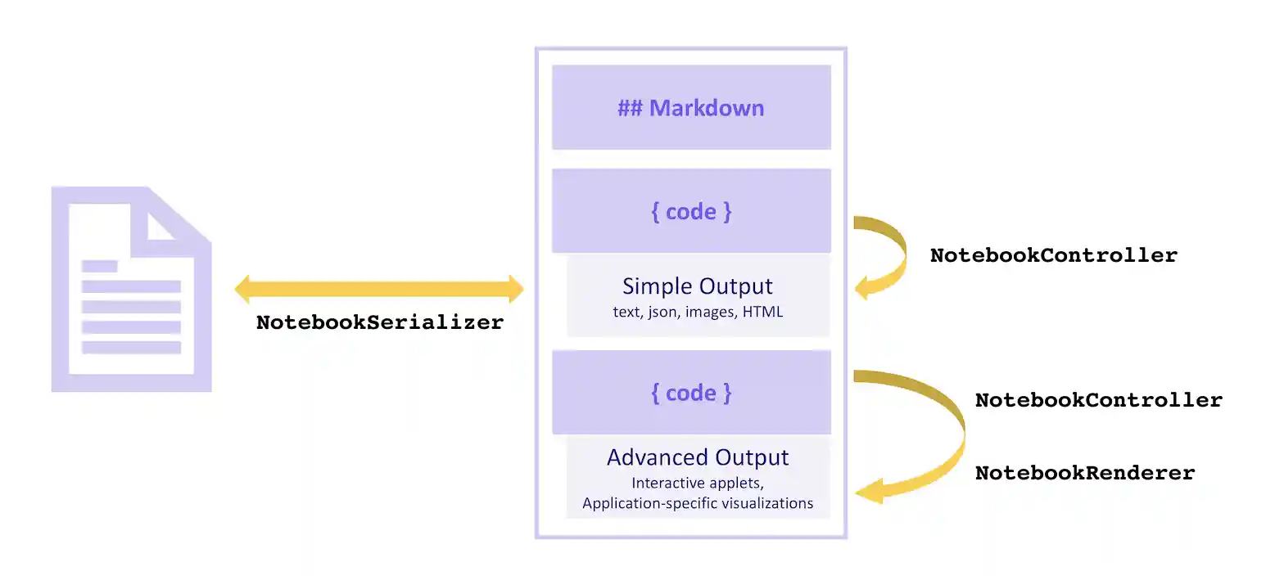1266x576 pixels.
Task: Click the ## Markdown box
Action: tap(691, 108)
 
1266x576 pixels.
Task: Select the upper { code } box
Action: tap(691, 211)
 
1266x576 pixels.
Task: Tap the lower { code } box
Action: tap(691, 393)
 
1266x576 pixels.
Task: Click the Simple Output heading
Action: tap(697, 286)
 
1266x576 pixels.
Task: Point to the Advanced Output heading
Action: tap(698, 457)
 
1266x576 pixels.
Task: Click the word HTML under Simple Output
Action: tap(762, 312)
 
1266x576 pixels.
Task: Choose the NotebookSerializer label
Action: tap(380, 322)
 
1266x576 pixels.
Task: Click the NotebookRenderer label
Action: tap(1084, 473)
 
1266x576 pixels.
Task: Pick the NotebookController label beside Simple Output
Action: tap(1053, 255)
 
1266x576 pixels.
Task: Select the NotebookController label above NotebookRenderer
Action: tap(1098, 401)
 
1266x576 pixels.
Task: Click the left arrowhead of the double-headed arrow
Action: tap(243, 288)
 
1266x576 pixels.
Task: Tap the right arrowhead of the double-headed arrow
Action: tap(515, 288)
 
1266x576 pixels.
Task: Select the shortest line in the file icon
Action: tap(100, 266)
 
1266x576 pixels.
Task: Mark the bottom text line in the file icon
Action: tap(131, 348)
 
